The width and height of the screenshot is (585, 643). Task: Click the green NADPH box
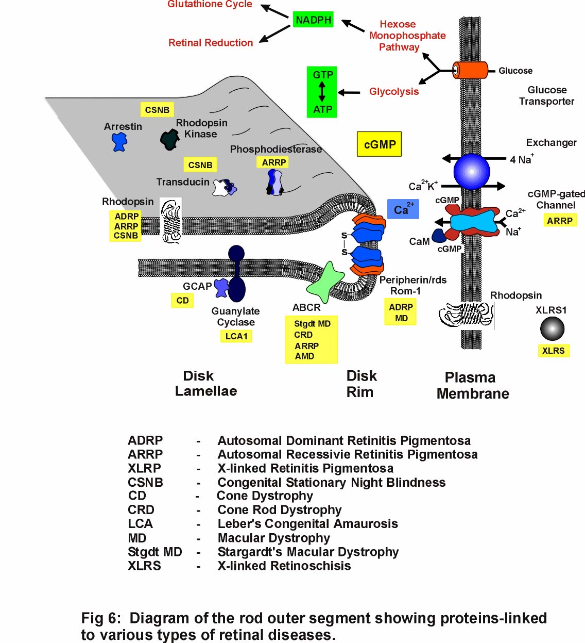[313, 20]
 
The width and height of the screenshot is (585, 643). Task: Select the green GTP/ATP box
[322, 92]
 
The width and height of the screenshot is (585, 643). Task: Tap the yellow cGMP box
[380, 144]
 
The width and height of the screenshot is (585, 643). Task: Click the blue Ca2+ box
[403, 209]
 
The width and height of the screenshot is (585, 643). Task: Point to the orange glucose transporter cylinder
[470, 70]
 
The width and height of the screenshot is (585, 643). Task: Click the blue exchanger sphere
[471, 172]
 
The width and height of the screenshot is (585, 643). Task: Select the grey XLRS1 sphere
[552, 328]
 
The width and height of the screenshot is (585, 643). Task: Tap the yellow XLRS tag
[554, 351]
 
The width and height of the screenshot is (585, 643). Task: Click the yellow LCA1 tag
[236, 336]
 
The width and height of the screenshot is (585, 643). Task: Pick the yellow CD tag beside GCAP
[182, 300]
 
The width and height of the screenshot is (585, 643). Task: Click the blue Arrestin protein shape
[119, 141]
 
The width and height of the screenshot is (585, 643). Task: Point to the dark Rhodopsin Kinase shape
[169, 140]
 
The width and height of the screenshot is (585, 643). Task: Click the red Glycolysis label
[394, 92]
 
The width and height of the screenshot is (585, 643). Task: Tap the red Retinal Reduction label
[211, 43]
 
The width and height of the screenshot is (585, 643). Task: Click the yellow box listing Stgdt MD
[312, 340]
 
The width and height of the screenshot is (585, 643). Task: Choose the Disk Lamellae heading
[206, 383]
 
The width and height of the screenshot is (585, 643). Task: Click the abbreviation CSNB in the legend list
[145, 483]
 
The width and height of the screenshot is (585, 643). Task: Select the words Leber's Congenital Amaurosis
[307, 524]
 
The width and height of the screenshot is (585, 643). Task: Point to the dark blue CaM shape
[439, 236]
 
